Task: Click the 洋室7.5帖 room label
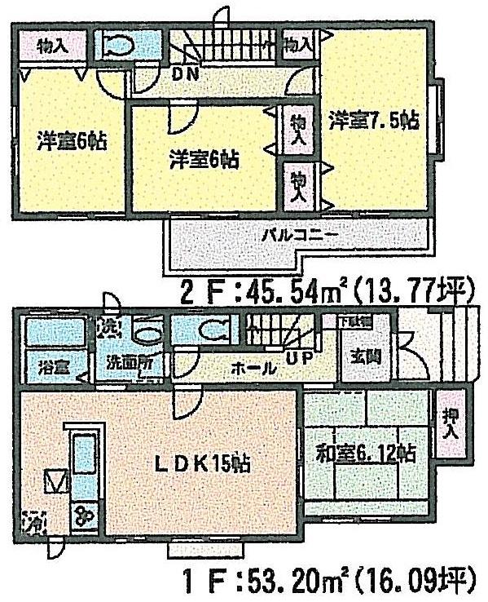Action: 373,121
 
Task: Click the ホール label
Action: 253,368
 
